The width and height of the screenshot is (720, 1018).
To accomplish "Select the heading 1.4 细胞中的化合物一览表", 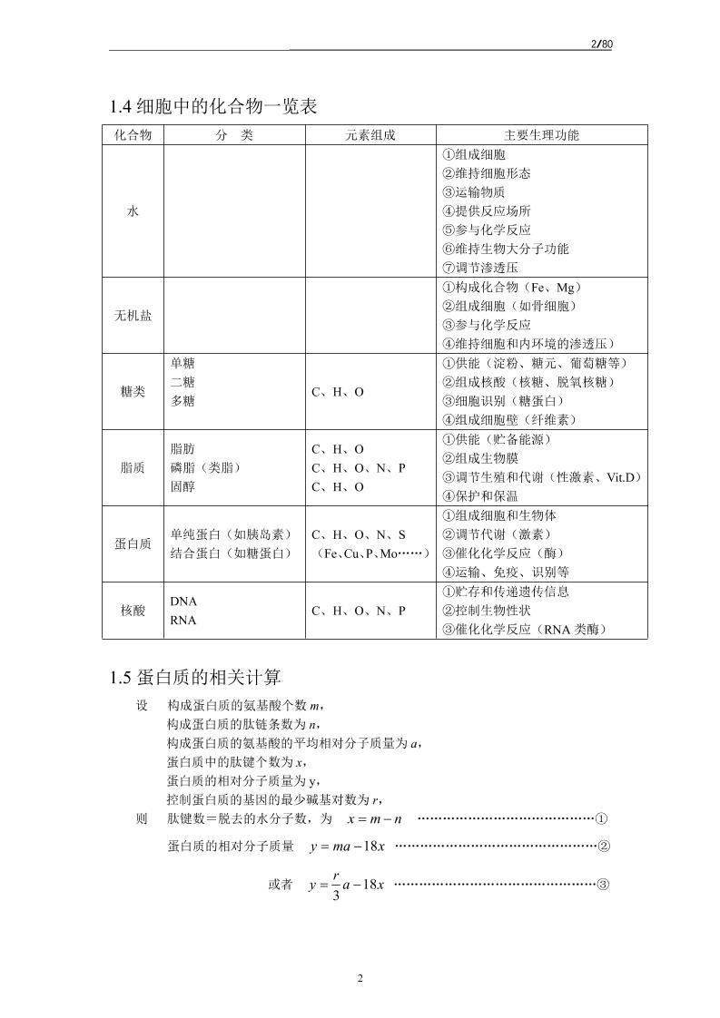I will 213,107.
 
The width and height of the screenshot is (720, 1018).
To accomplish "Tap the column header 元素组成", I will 370,135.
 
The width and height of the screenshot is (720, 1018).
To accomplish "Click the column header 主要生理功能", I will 541,135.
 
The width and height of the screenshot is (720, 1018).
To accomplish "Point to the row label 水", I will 133,210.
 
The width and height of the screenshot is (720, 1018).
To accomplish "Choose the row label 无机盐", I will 133,316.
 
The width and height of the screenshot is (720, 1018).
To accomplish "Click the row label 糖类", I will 133,392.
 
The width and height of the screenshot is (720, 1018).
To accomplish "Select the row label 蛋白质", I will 133,543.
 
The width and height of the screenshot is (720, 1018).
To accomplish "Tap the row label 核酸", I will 133,611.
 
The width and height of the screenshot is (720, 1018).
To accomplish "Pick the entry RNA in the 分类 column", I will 183,621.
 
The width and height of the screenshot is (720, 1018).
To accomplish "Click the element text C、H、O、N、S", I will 359,534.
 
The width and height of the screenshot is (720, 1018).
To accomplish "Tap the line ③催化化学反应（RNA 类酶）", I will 523,630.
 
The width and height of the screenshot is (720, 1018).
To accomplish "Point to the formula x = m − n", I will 375,818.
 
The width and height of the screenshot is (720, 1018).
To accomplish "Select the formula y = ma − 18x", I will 348,847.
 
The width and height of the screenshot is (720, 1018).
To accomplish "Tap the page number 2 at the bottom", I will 360,978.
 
